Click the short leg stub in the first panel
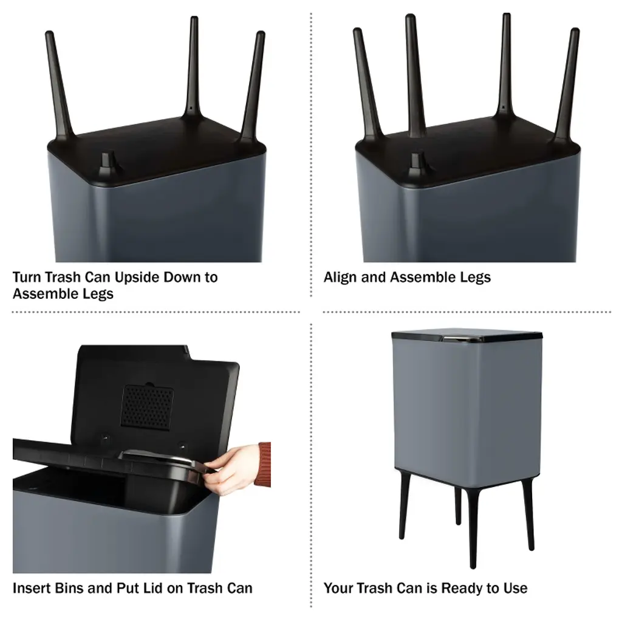point(106,164)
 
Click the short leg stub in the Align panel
point(417,165)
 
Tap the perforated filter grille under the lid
point(147,407)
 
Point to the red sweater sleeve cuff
point(263,465)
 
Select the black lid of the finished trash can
point(467,337)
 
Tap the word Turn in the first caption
point(27,277)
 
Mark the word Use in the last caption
point(515,588)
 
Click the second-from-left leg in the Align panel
point(414,75)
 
